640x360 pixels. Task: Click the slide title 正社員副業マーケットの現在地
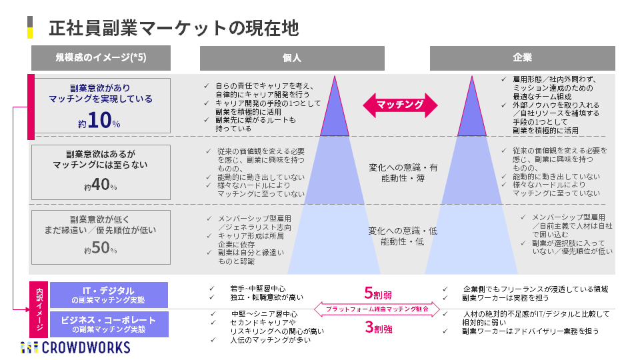tap(173, 28)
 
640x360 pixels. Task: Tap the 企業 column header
tap(522, 58)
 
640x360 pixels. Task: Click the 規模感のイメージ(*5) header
tap(100, 58)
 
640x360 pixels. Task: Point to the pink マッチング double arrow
tap(400, 105)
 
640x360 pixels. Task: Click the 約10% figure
tap(99, 122)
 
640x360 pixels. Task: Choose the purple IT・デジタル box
tap(108, 295)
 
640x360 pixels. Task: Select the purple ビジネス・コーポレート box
tap(108, 324)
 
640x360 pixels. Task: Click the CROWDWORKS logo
tap(75, 347)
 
